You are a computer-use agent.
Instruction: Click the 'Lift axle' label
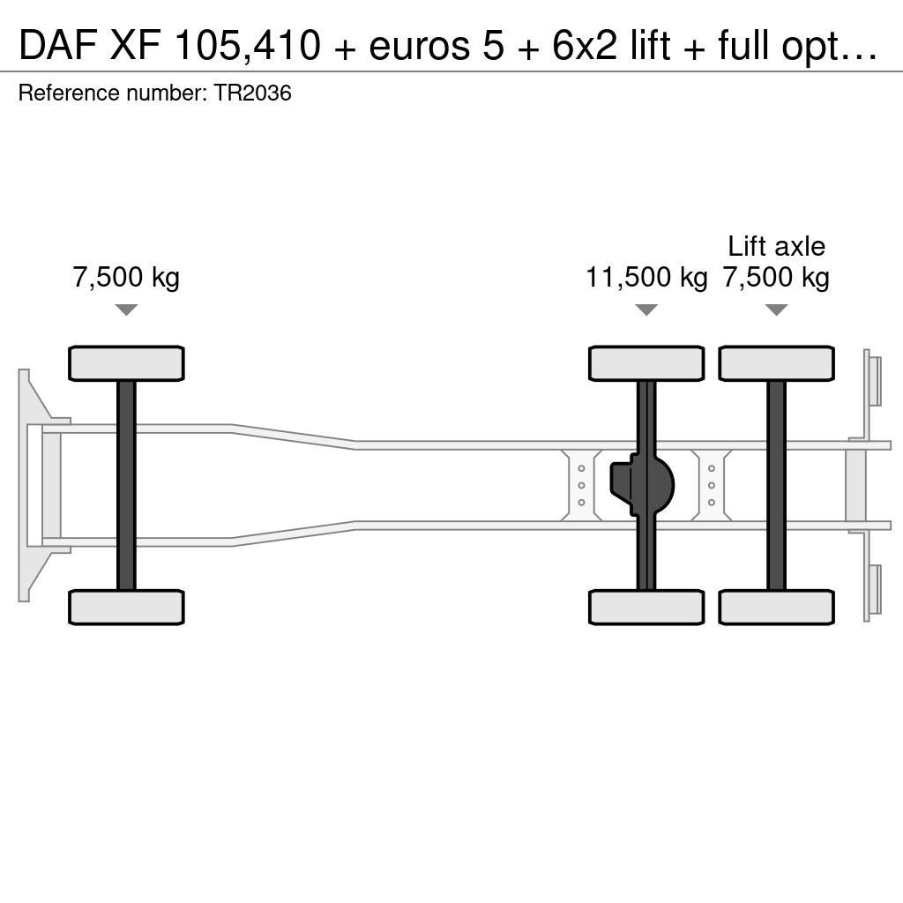776,247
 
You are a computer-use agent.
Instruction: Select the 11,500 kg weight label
646,277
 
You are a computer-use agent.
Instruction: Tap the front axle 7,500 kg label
126,277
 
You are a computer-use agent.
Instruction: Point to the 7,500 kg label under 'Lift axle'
776,277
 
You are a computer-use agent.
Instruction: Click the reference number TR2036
253,93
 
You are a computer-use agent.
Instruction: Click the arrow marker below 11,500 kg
646,310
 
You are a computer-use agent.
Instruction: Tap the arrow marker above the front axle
126,310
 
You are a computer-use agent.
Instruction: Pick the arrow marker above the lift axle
776,310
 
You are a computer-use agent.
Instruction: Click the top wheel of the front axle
126,363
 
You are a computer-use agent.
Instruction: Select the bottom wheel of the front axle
126,607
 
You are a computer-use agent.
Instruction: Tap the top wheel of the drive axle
646,363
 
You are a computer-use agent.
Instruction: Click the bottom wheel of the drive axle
646,607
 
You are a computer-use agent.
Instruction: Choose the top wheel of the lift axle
776,363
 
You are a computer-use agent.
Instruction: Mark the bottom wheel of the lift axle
776,607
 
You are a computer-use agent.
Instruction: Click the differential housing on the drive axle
641,485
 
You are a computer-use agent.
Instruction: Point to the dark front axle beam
126,486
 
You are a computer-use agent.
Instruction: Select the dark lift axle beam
776,486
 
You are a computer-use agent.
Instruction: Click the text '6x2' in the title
584,45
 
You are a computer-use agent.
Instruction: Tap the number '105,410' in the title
247,46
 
